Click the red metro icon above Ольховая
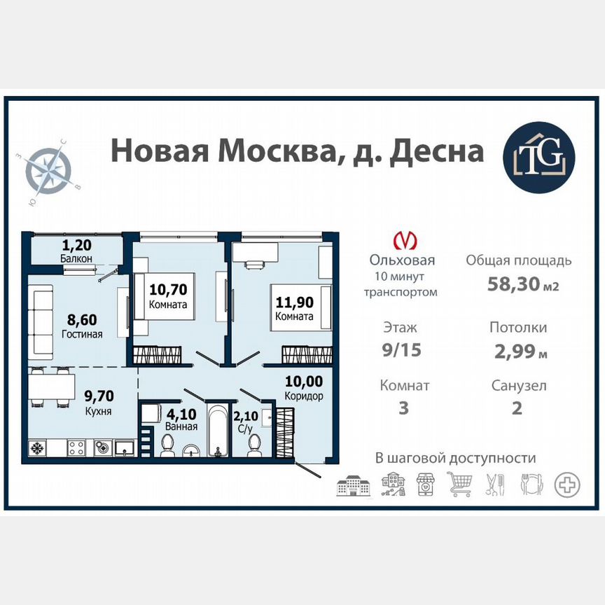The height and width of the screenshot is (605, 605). (x=403, y=240)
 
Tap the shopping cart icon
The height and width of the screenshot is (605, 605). (x=459, y=483)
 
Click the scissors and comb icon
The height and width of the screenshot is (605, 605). (x=495, y=483)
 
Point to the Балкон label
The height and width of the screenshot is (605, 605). (x=76, y=258)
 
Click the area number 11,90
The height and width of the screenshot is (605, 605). (x=293, y=303)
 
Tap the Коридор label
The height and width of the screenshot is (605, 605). (x=303, y=396)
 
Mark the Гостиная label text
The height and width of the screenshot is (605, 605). (x=81, y=334)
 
